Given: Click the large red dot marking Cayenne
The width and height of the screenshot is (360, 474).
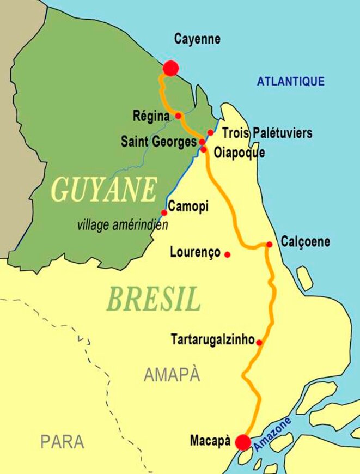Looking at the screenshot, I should pyautogui.click(x=171, y=68).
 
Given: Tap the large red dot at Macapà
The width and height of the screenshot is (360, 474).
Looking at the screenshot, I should pyautogui.click(x=243, y=442).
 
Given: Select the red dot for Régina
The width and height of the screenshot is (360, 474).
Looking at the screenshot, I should pyautogui.click(x=178, y=116).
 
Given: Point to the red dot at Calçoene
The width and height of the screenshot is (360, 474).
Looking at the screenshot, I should pyautogui.click(x=269, y=245).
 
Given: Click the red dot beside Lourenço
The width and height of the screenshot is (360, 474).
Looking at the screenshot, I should pyautogui.click(x=227, y=254).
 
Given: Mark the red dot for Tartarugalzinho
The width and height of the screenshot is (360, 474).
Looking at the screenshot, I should pyautogui.click(x=259, y=343).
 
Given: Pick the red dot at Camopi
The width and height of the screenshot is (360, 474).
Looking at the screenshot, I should pyautogui.click(x=164, y=212).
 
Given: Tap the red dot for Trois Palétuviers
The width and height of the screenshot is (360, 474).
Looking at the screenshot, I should pyautogui.click(x=210, y=132).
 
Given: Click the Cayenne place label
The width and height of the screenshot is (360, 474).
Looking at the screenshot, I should pyautogui.click(x=197, y=39).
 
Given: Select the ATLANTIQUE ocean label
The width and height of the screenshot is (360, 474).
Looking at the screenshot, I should pyautogui.click(x=290, y=82).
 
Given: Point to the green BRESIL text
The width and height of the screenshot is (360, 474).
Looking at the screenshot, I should pyautogui.click(x=154, y=299).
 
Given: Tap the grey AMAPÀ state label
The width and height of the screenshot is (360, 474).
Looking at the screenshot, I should pyautogui.click(x=172, y=374).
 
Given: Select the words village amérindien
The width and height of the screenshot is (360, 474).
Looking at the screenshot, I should pyautogui.click(x=123, y=224).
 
